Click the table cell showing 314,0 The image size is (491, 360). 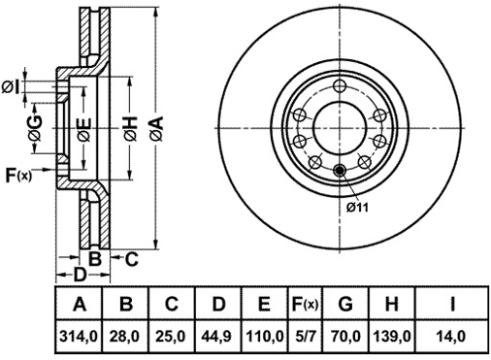79,337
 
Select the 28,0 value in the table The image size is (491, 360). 126,337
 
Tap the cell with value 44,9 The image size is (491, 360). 216,337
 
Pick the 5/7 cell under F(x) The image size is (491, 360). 304,337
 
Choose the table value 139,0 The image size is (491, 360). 392,337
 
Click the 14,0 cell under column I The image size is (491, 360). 452,337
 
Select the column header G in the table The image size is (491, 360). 345,304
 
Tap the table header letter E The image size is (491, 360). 264,304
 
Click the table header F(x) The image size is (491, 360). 305,304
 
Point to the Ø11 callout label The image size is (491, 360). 357,208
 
